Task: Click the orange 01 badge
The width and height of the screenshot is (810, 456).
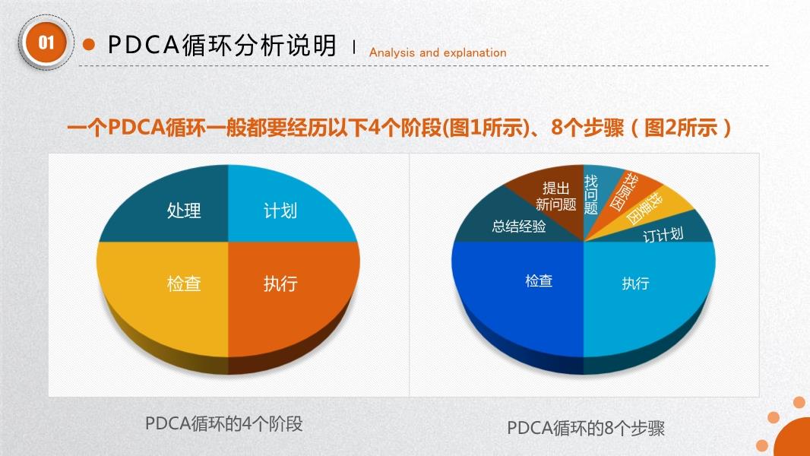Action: [x=46, y=43]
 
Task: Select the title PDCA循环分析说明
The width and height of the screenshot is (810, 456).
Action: [x=222, y=46]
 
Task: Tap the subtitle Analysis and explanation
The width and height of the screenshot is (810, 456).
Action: [x=438, y=52]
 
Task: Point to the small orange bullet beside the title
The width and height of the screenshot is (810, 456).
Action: [x=89, y=44]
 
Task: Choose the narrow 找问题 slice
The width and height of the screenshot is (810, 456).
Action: [x=595, y=191]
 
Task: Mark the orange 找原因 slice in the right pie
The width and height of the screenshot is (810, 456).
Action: [x=622, y=196]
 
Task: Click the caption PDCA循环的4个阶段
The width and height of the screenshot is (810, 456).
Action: [x=223, y=424]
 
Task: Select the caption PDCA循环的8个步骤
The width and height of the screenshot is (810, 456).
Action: [x=586, y=428]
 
